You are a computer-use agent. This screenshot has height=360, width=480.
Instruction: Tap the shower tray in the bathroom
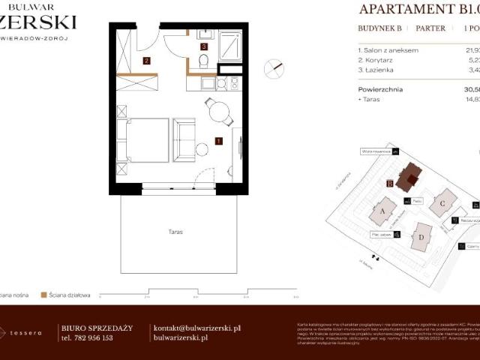[230, 46]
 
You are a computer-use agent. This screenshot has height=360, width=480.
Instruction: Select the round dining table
[219, 112]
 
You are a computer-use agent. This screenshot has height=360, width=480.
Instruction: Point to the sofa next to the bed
[184, 139]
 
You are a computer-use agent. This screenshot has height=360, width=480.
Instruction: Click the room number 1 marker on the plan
[218, 140]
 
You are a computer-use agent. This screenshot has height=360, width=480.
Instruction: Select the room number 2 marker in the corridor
[147, 61]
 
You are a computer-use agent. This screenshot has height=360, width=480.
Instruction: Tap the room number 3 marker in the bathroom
[203, 46]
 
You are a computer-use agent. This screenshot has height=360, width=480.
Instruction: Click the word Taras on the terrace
[175, 232]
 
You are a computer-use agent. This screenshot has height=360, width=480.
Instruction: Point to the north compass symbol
[275, 68]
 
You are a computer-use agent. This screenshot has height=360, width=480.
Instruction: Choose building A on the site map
[383, 211]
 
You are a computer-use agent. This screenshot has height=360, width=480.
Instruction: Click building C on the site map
[443, 202]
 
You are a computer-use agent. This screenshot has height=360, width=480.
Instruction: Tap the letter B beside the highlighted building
[390, 182]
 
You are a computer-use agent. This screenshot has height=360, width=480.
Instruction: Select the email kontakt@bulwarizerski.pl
[196, 328]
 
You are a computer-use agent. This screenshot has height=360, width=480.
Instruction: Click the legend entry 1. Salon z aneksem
[389, 50]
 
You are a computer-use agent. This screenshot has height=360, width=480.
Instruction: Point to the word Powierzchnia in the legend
[380, 88]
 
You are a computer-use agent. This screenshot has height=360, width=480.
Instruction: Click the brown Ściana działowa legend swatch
[44, 295]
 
